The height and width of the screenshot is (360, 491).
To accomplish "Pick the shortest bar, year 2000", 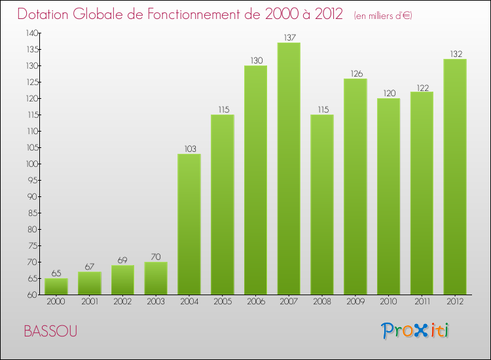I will coord(56,286).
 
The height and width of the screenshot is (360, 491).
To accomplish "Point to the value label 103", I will coord(189,149).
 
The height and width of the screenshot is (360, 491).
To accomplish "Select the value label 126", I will coord(355,73).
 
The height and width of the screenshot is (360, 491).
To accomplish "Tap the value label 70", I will coord(156,257).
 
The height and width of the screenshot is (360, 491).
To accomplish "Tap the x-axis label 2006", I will coord(255,302).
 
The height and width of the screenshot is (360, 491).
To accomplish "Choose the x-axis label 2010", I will coord(388,302).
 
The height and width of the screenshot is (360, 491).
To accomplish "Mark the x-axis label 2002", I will coord(122,302).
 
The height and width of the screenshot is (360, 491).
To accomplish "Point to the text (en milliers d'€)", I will coord(382,15).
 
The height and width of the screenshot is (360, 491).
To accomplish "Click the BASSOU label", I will coord(50,331).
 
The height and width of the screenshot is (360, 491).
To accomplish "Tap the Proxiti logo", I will coord(416,331).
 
